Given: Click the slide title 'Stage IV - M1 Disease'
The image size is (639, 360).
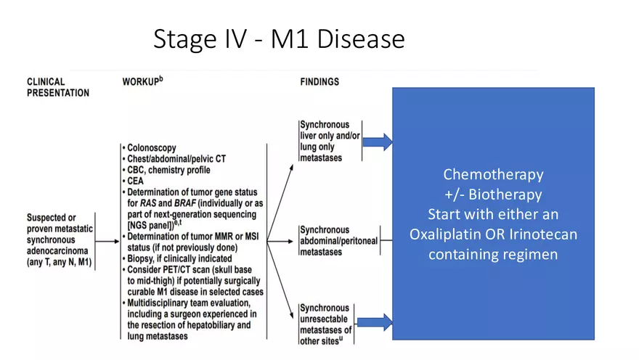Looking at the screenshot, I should click(279, 39).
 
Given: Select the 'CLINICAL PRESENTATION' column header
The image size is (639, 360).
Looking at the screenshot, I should click(58, 87).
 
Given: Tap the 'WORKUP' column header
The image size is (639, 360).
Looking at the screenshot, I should click(142, 81).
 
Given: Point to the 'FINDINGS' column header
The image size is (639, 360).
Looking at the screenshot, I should click(319, 82).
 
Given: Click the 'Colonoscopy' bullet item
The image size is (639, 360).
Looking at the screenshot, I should click(152, 149).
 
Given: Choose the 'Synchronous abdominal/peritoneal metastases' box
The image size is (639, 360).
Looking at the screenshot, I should click(338, 241).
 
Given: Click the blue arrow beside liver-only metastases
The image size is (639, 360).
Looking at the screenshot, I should click(378, 142).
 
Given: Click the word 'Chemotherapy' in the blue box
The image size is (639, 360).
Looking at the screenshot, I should click(493, 175).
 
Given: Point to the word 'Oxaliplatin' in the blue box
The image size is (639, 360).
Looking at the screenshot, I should click(444, 234).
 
